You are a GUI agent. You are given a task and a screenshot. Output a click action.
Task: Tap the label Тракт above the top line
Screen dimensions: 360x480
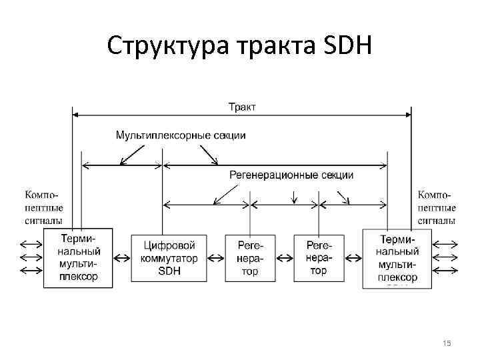(243, 107)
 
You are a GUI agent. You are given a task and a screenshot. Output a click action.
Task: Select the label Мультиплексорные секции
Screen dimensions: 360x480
(181, 135)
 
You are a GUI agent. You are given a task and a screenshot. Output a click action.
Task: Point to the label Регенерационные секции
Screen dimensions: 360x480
(291, 175)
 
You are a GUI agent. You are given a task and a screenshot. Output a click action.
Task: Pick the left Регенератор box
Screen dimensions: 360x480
(250, 257)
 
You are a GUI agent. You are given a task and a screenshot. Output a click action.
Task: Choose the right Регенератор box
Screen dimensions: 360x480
(319, 257)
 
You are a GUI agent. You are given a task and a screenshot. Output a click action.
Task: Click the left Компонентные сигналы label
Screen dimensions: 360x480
(44, 207)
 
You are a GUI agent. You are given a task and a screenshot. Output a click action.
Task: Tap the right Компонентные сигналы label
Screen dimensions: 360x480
(437, 207)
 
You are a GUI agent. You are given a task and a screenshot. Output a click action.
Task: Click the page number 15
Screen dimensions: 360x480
(447, 343)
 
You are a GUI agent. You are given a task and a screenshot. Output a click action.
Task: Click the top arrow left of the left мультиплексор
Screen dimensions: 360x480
(31, 243)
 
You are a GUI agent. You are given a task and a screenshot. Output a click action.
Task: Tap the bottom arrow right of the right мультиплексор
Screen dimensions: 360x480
(446, 270)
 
